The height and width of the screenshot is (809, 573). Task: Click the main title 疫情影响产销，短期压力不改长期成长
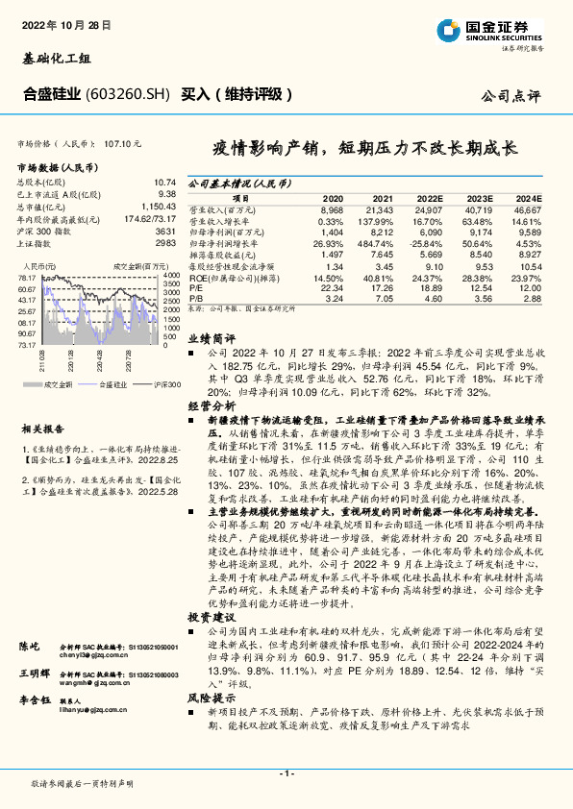tap(365, 150)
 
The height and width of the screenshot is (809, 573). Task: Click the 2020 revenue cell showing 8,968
tap(332, 208)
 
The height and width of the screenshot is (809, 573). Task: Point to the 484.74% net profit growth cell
tap(378, 244)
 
